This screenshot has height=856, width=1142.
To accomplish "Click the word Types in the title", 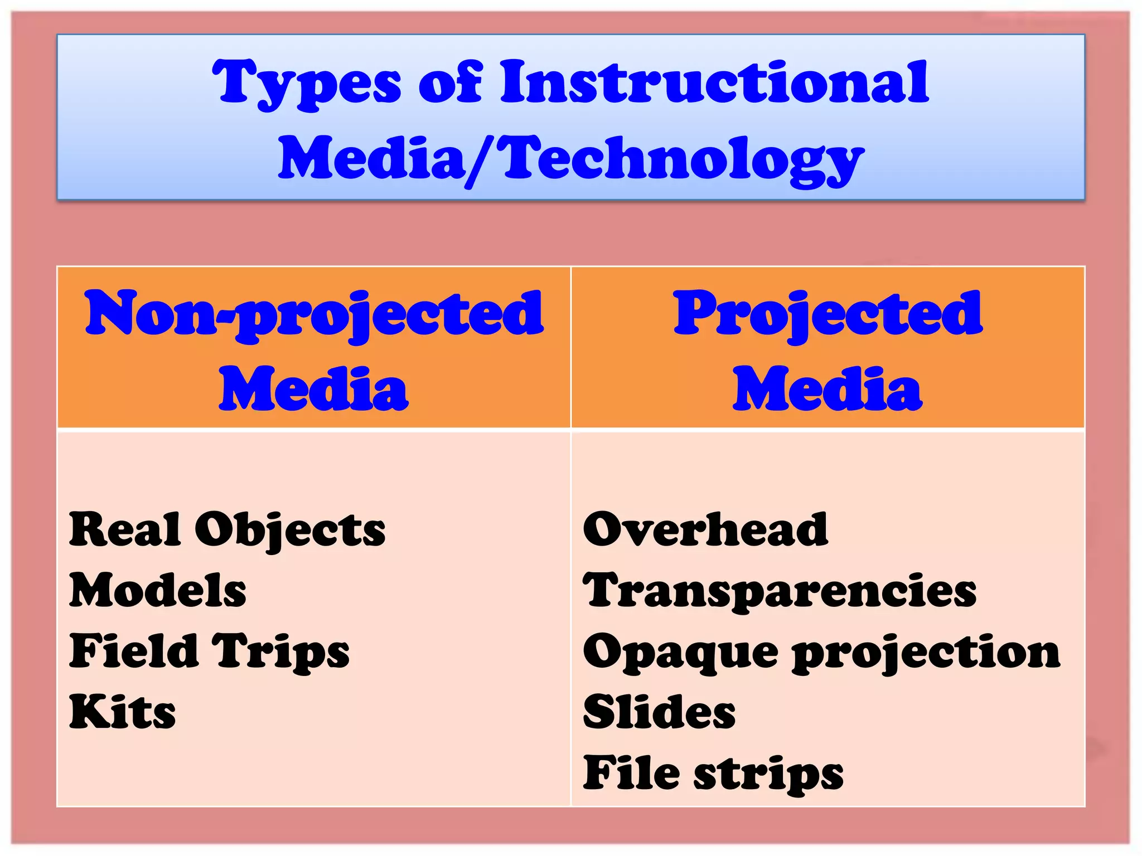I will (x=306, y=84).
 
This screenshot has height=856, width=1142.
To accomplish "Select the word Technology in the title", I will (x=683, y=159).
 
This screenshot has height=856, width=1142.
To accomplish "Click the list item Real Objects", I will (x=227, y=530).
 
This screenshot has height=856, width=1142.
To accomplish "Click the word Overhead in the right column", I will (x=705, y=529).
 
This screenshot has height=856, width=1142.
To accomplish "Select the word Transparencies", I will (x=780, y=591).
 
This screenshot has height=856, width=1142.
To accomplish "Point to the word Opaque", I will (x=680, y=652).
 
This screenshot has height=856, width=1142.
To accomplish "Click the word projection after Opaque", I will (x=926, y=652).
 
